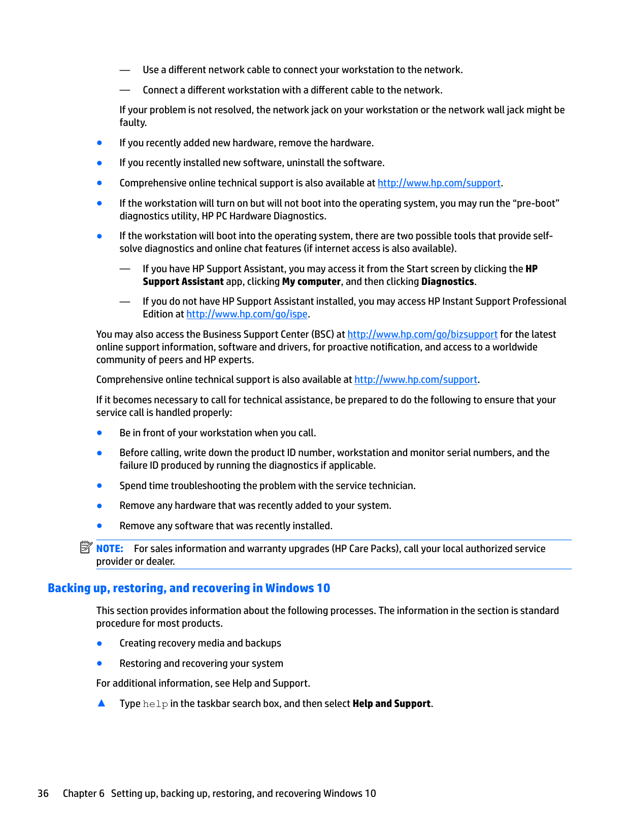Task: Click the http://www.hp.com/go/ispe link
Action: coord(247,314)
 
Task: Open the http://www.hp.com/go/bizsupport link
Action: coord(422,335)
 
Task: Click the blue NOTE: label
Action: coord(110,549)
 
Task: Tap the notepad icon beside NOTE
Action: coord(86,547)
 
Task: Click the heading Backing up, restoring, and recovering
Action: coord(188,588)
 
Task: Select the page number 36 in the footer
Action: coord(43,794)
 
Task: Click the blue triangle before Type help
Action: coord(102,703)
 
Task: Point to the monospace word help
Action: coord(155,704)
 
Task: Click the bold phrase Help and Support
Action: coord(391,704)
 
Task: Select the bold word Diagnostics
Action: coord(447,282)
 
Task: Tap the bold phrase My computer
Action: coord(311,282)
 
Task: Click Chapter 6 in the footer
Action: coord(83,794)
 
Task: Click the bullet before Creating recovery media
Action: coord(100,643)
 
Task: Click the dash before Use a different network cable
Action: coord(125,70)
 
